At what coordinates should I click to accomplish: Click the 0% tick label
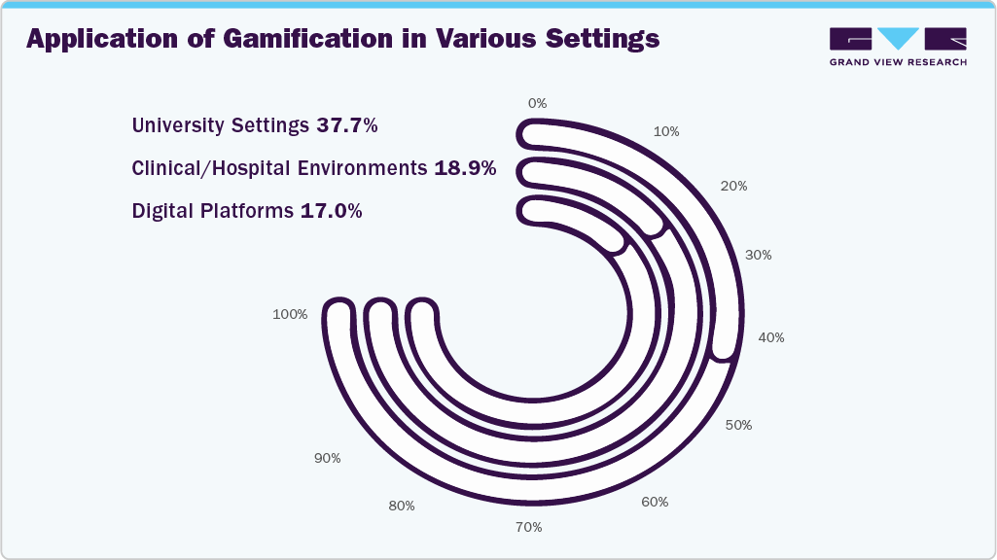point(537,103)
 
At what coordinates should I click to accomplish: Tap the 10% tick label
point(666,131)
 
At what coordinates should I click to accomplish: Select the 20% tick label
point(734,186)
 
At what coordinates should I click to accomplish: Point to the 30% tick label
point(759,255)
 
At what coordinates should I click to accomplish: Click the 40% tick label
point(771,337)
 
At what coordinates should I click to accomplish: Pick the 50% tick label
point(739,425)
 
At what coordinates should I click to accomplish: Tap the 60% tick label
point(656,502)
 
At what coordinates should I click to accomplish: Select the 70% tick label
point(529,527)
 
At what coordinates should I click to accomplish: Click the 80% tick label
point(402,506)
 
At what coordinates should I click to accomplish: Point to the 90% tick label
point(328,457)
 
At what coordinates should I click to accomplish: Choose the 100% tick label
point(290,314)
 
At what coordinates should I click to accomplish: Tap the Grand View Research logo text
point(898,62)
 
